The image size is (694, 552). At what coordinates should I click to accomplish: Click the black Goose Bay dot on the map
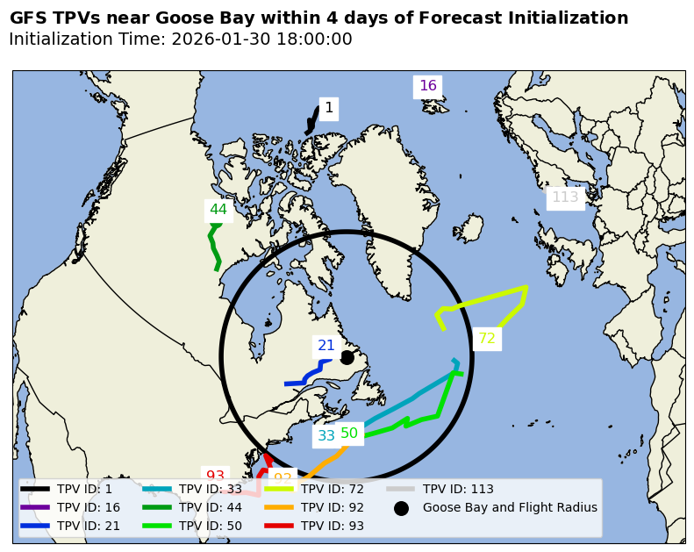coord(347,357)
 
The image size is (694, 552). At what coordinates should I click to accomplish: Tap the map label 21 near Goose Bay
coord(326,346)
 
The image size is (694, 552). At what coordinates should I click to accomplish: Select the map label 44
coord(218,210)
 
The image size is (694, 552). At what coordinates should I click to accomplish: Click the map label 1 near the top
coord(329,108)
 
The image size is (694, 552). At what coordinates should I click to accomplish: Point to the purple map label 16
coord(427,86)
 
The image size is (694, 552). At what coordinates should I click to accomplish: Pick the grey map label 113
coord(565,197)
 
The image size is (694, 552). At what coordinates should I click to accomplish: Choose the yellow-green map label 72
coord(487,339)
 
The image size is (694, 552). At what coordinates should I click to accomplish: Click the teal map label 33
coord(326,436)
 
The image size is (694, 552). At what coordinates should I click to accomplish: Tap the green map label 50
coord(349,434)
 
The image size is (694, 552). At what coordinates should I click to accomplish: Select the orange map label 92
coord(283,478)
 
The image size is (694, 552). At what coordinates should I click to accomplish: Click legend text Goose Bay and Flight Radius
coord(510,507)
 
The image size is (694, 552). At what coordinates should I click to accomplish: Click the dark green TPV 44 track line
coord(213,246)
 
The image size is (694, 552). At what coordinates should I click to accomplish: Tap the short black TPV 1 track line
coord(313,120)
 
